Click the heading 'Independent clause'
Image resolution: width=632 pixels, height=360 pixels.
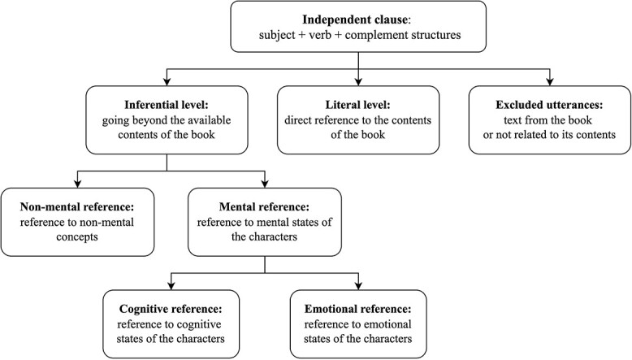pos(355,18)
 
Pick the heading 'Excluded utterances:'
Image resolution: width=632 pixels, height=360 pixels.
pos(550,105)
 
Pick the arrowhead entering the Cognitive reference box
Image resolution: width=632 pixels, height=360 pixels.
pos(170,284)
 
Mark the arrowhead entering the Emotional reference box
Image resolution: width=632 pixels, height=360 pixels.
pos(358,284)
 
